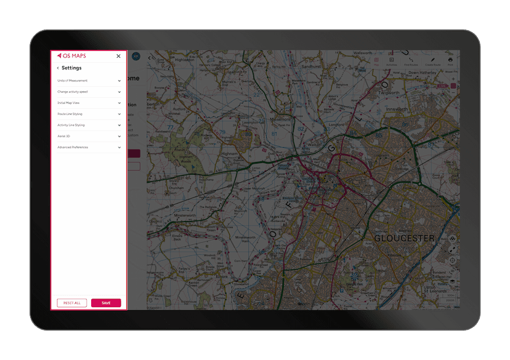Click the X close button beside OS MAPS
click(119, 56)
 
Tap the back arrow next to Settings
click(58, 68)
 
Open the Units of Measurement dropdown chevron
click(119, 81)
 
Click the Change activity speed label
click(73, 92)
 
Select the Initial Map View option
click(68, 103)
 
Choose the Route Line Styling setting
click(70, 114)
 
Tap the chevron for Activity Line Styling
click(119, 125)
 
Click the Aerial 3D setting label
click(64, 136)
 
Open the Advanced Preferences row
click(73, 147)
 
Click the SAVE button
click(106, 303)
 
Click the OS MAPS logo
click(71, 56)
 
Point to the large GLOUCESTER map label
click(404, 238)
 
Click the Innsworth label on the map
click(397, 109)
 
